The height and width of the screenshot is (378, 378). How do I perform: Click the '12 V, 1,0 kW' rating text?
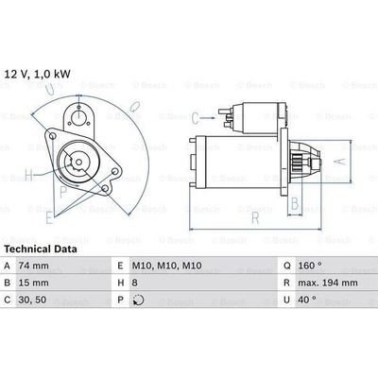tap(37, 74)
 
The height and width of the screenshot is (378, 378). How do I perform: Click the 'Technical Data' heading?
tap(41, 249)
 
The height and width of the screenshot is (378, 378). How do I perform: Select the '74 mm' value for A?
tap(34, 266)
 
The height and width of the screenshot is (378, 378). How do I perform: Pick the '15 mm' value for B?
tap(34, 283)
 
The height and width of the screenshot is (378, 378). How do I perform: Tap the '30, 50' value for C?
tap(33, 300)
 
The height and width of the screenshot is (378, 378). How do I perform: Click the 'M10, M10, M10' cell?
tap(166, 266)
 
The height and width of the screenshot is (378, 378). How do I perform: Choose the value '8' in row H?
tap(134, 283)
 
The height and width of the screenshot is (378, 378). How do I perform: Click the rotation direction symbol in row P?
tap(138, 300)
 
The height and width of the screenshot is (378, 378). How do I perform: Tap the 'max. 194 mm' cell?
tap(328, 283)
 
